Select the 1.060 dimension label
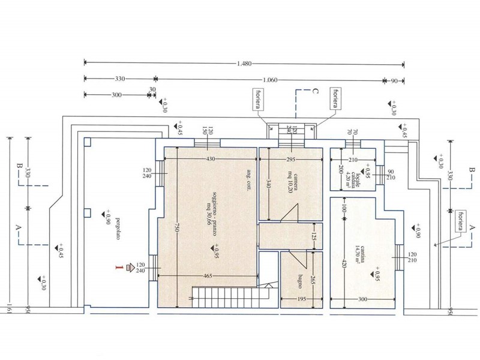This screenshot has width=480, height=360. coord(270,79)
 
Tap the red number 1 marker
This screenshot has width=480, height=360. coord(122,268)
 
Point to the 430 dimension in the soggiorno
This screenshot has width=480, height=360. coord(210,159)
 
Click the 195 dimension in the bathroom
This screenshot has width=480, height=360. coord(301,299)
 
